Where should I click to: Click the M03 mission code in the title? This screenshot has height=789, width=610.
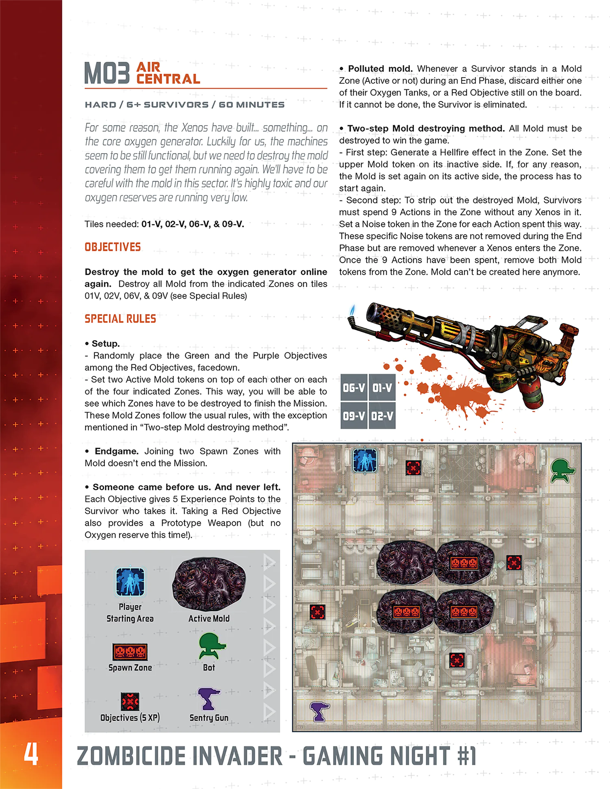point(107,73)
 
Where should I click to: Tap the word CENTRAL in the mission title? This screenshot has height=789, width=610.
point(168,79)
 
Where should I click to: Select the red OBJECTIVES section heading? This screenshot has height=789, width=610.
point(113,247)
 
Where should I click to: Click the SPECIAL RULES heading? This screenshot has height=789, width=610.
point(120,319)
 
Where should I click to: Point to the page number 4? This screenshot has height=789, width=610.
point(31,754)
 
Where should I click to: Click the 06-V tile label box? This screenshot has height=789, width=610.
point(354,388)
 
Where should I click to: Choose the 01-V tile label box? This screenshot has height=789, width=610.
point(382,388)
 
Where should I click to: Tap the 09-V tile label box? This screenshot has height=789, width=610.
point(354,416)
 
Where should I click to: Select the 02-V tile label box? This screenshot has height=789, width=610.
point(382,416)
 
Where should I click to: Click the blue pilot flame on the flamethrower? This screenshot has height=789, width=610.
point(353,311)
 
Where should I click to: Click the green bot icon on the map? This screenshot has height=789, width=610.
point(562,470)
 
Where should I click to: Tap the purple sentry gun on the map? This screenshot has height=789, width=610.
point(319,711)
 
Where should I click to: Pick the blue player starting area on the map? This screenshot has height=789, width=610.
point(365,461)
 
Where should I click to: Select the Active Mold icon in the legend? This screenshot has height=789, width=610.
point(209,584)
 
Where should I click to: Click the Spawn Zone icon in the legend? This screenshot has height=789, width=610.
point(130,652)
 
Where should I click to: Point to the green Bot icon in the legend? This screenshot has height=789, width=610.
point(211,646)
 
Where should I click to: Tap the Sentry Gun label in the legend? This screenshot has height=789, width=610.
point(209,718)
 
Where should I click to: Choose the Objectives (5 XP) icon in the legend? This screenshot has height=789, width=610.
point(130,701)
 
